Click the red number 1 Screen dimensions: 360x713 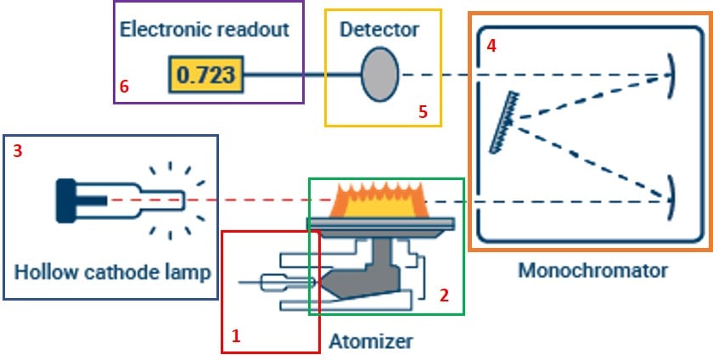click(236, 335)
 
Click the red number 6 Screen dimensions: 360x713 click(125, 86)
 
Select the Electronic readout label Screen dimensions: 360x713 click(205, 29)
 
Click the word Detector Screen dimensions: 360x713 click(379, 30)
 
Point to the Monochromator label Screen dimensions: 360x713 click(592, 272)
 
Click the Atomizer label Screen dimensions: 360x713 click(371, 341)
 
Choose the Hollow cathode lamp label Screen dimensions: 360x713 click(112, 273)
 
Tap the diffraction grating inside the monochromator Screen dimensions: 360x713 click(508, 123)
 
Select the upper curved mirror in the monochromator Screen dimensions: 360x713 click(671, 75)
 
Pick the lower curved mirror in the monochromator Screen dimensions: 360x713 click(671, 192)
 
